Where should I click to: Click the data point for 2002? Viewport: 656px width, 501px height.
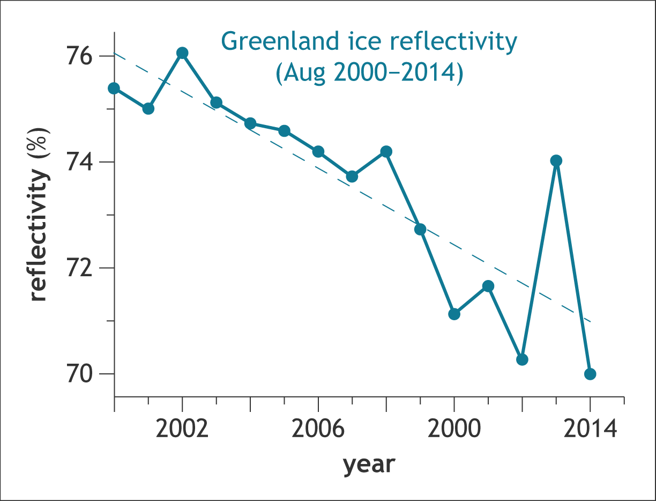[182, 53]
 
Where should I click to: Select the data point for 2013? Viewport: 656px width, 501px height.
[556, 160]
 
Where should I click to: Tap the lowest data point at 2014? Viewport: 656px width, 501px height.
[590, 374]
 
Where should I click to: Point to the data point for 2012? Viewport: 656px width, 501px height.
[522, 359]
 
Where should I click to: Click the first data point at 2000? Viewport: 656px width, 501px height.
[114, 88]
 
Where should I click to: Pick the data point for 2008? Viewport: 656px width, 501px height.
[386, 152]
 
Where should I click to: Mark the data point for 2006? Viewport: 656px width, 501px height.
[318, 152]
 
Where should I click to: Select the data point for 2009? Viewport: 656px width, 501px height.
[420, 230]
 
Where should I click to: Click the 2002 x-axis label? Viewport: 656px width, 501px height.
[182, 430]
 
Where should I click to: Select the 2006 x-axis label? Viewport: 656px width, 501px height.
[318, 430]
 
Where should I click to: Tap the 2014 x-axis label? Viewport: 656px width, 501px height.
[590, 430]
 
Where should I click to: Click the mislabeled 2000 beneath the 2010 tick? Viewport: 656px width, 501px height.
[454, 430]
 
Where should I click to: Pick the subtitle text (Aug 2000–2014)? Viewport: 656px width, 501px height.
[369, 73]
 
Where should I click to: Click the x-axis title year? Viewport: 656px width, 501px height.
[369, 464]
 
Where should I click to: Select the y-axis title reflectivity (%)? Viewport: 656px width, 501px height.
[40, 215]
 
